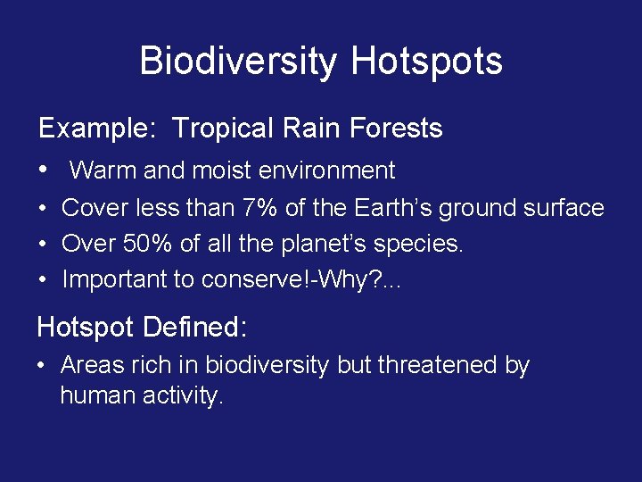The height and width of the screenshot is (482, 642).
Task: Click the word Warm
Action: tap(100, 170)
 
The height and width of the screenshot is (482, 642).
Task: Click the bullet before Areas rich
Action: tap(42, 366)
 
